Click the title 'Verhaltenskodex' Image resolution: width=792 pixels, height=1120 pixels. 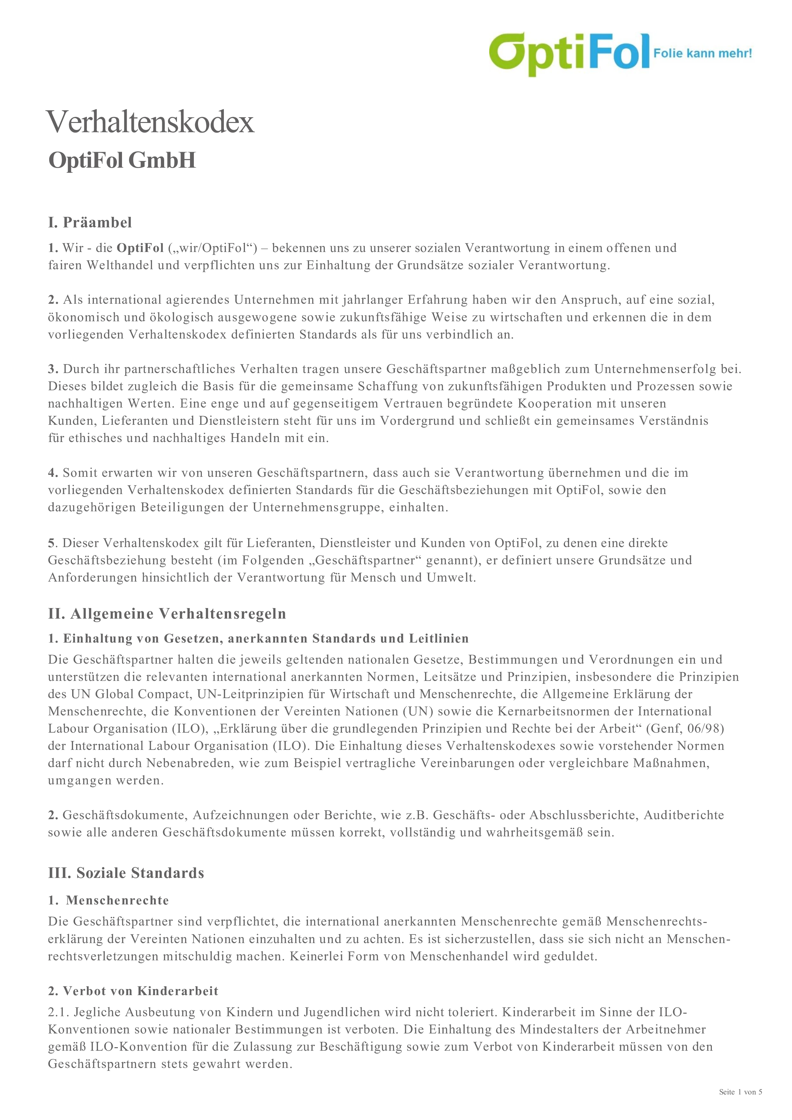click(x=150, y=122)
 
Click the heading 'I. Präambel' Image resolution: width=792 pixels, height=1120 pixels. click(x=90, y=223)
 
